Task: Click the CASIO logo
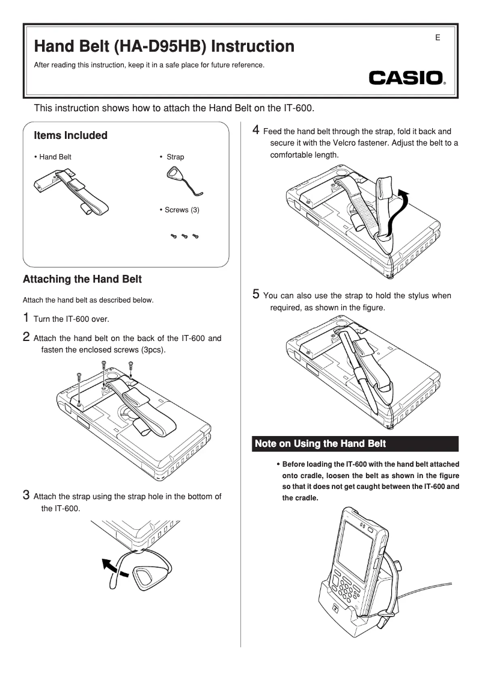407,79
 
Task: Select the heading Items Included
71,135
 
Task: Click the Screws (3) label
179,210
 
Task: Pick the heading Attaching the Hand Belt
82,280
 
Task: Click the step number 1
26,317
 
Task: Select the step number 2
26,337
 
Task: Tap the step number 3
26,495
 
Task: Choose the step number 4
256,130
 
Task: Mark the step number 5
256,294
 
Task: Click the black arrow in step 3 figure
114,568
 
